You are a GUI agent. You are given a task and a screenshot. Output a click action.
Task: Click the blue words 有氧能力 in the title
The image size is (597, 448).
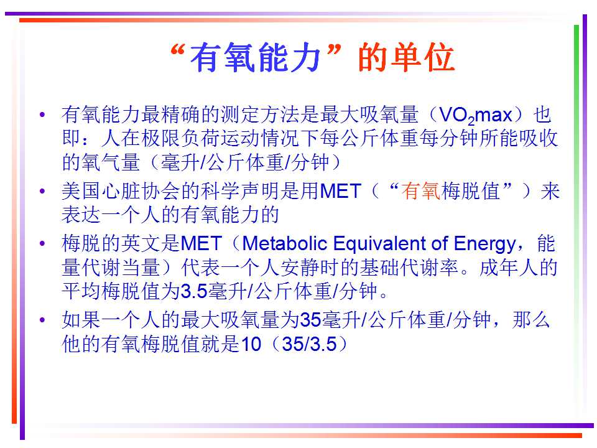[254, 58]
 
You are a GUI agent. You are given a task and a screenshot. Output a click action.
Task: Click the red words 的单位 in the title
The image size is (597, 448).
[406, 57]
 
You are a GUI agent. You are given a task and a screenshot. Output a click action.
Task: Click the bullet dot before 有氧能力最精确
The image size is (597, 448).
[42, 114]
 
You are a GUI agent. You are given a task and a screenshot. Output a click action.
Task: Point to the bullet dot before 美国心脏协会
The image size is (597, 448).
[42, 191]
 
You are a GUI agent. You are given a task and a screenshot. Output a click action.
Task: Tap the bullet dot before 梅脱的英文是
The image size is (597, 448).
[42, 243]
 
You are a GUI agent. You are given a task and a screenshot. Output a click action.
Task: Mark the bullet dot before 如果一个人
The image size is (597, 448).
[42, 319]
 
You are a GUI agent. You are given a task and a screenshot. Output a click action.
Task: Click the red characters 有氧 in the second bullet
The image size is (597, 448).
[421, 190]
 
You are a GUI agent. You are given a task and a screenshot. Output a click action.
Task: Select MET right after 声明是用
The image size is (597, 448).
[341, 191]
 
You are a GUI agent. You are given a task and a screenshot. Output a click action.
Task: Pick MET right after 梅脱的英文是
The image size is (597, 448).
[201, 243]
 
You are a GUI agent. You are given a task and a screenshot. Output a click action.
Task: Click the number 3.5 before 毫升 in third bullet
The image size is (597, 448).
[194, 291]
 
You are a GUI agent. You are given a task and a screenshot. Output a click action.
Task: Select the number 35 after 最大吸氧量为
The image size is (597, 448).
[311, 320]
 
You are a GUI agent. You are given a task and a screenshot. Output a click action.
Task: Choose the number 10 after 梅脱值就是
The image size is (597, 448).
[251, 344]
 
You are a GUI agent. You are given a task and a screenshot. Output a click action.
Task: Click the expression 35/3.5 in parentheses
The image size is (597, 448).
[310, 344]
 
